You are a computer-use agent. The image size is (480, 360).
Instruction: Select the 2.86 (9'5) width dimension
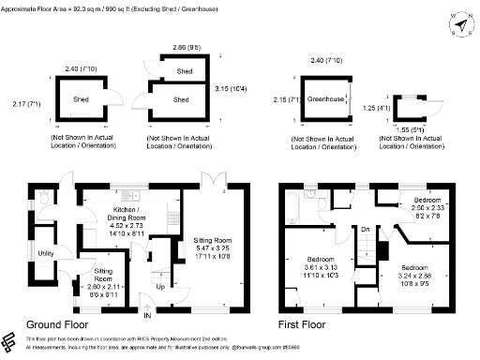[x=178, y=47]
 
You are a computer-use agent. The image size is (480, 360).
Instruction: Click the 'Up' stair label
[x=159, y=287]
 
